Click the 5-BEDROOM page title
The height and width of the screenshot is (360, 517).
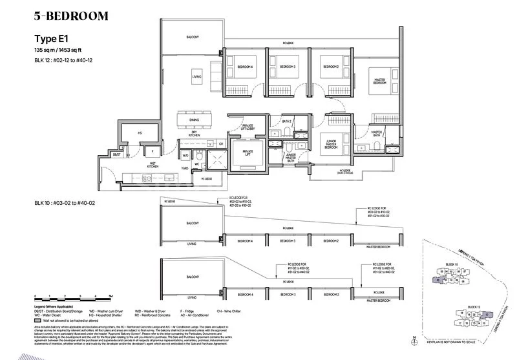pyautogui.click(x=71, y=16)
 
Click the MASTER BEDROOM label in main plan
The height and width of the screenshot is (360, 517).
pyautogui.click(x=380, y=82)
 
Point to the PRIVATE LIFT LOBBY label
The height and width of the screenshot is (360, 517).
pyautogui.click(x=249, y=128)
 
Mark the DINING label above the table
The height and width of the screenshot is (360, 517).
pyautogui.click(x=194, y=120)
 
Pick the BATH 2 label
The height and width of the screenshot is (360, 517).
pyautogui.click(x=287, y=121)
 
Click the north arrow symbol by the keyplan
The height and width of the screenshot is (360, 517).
pyautogui.click(x=413, y=339)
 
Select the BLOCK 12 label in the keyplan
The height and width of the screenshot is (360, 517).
pyautogui.click(x=471, y=306)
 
